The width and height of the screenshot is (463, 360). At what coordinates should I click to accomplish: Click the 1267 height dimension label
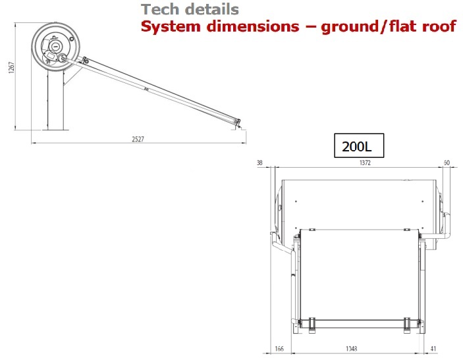tap(11, 68)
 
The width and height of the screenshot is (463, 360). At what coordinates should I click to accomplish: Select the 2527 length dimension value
tap(138, 140)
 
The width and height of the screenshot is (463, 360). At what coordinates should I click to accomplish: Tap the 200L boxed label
tap(359, 145)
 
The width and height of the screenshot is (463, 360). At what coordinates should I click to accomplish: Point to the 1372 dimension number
tap(365, 163)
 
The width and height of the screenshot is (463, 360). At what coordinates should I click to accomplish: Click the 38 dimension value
tap(259, 163)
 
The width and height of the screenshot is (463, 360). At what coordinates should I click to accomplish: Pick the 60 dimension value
tap(447, 163)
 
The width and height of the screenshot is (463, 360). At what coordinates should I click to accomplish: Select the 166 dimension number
tap(279, 349)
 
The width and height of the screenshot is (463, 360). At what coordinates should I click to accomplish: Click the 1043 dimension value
tap(352, 349)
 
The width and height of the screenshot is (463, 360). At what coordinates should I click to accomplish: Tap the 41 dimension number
tap(433, 349)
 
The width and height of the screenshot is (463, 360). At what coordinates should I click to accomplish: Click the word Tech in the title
tap(161, 9)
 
